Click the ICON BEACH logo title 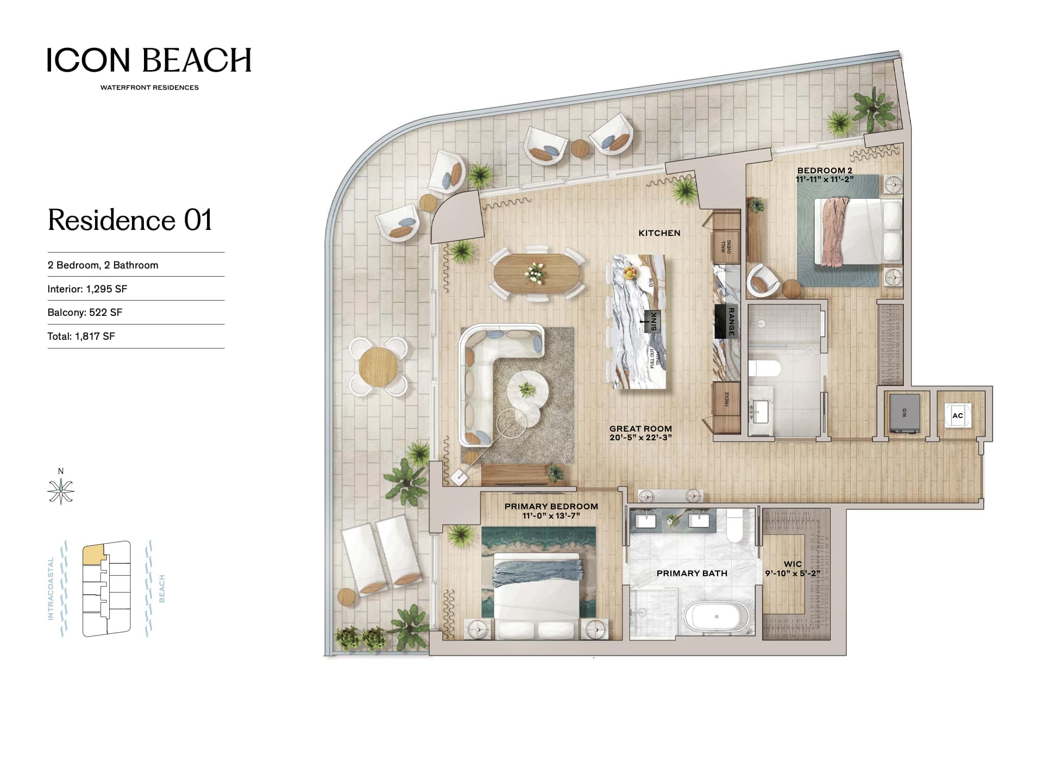[149, 60]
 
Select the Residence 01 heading [130, 220]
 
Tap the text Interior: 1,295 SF [87, 289]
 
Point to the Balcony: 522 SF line [85, 313]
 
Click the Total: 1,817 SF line [81, 336]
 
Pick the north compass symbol [61, 491]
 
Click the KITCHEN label [659, 233]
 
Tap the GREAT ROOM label [640, 428]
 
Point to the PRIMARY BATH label [692, 573]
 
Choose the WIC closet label [793, 564]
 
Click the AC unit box [958, 416]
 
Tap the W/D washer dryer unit [904, 414]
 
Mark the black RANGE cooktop [726, 321]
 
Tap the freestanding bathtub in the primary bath [717, 617]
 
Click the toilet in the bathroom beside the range [764, 368]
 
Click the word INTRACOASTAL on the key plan [51, 589]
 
